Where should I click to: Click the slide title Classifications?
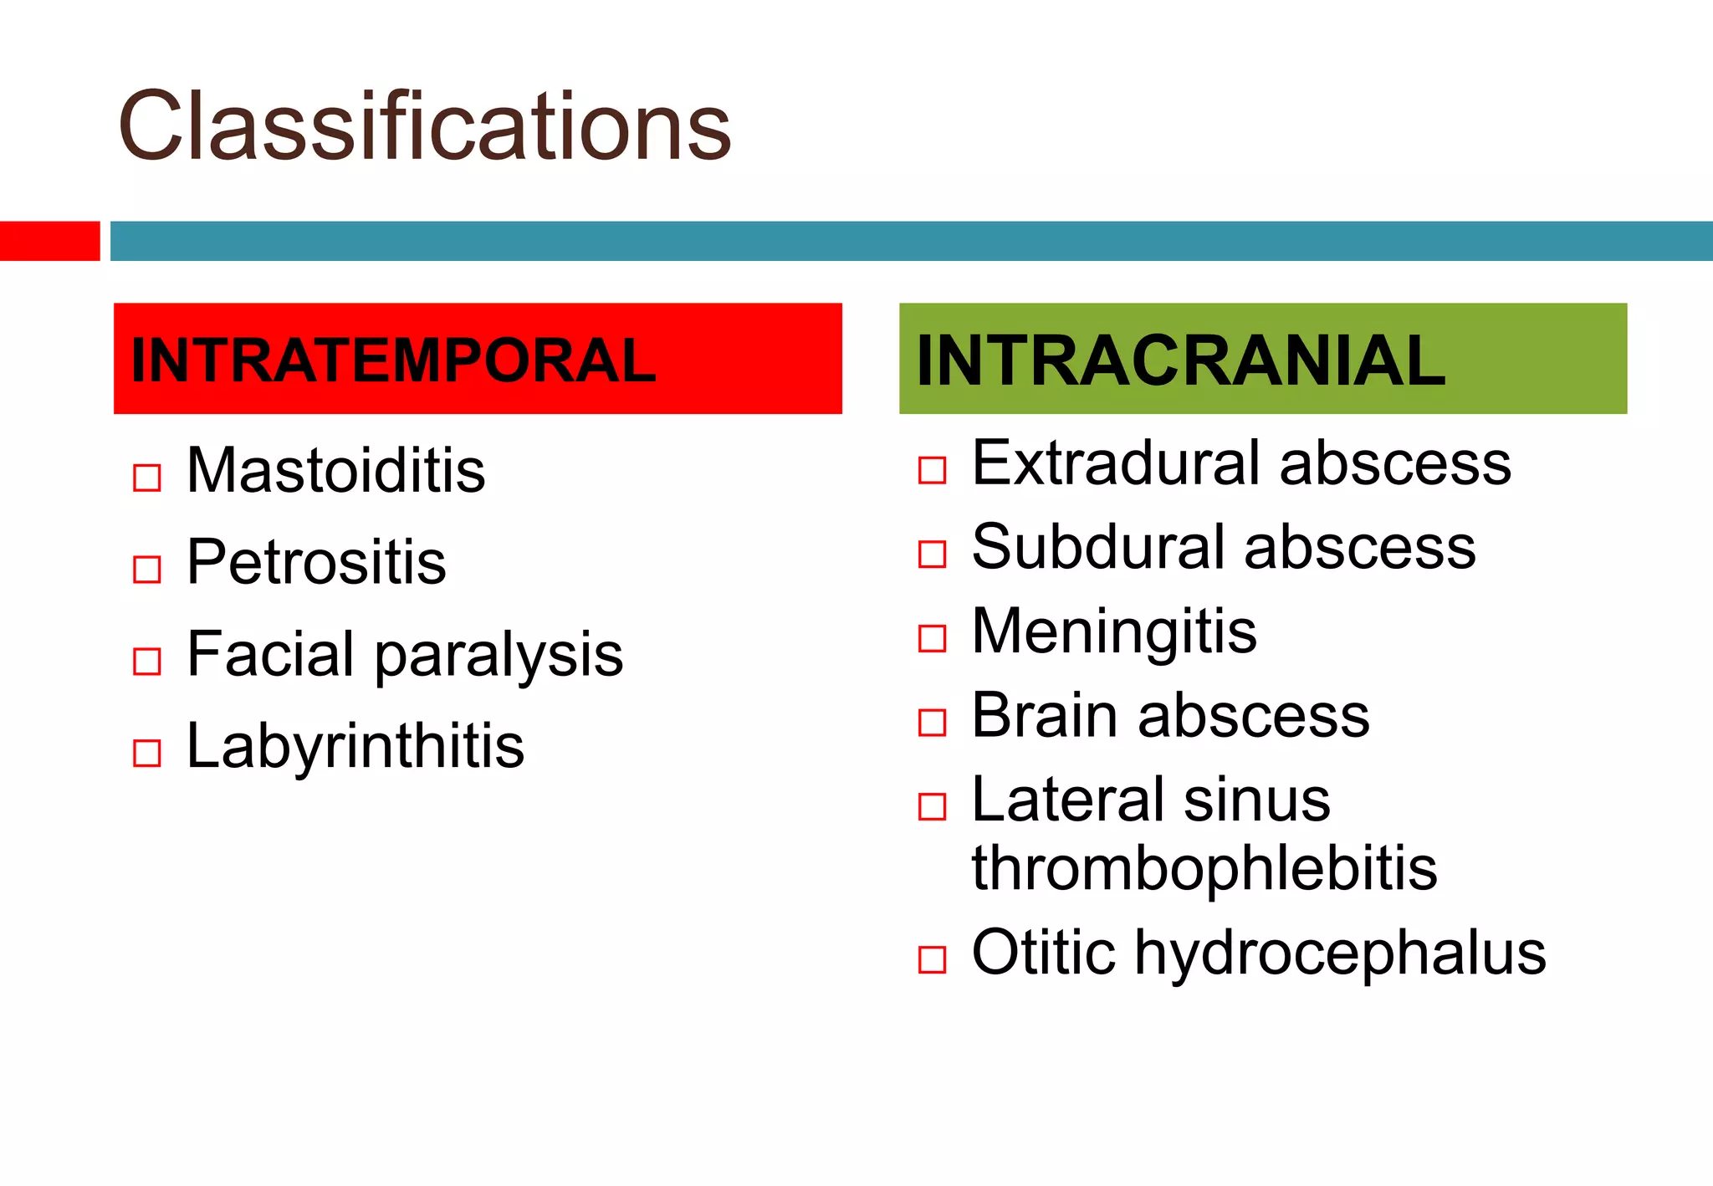coord(425,127)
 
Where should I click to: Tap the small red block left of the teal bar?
coord(49,241)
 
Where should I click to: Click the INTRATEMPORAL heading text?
coord(393,360)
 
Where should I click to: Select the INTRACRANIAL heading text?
coord(1180,360)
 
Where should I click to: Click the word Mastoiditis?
coord(335,470)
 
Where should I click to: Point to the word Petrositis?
coord(316,562)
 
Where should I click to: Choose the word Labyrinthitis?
coord(355,746)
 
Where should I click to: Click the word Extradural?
coord(1116,463)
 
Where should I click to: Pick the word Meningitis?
coord(1114,631)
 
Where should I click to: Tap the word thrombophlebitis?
coord(1204,868)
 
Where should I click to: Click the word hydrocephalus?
coord(1340,953)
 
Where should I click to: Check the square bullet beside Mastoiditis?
coord(147,478)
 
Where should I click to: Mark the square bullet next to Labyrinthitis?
coord(147,753)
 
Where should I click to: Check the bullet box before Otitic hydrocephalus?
coord(932,959)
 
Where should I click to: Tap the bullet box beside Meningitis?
coord(932,638)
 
